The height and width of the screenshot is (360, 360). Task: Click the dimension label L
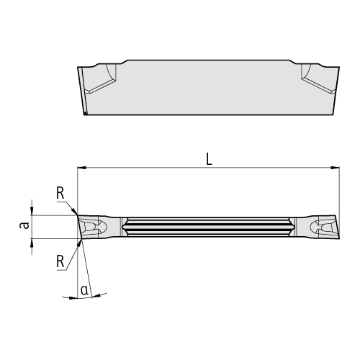pos(209,159)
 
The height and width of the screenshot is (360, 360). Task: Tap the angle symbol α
pos(84,290)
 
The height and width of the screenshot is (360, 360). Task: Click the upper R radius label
pos(60,193)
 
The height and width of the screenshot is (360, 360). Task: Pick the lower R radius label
pos(60,261)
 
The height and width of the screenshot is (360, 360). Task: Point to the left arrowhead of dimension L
pos(82,168)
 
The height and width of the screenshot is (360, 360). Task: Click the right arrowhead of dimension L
pos(335,168)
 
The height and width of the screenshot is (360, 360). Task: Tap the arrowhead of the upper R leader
pos(74,212)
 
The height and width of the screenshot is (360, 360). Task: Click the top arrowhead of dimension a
pos(32,211)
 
